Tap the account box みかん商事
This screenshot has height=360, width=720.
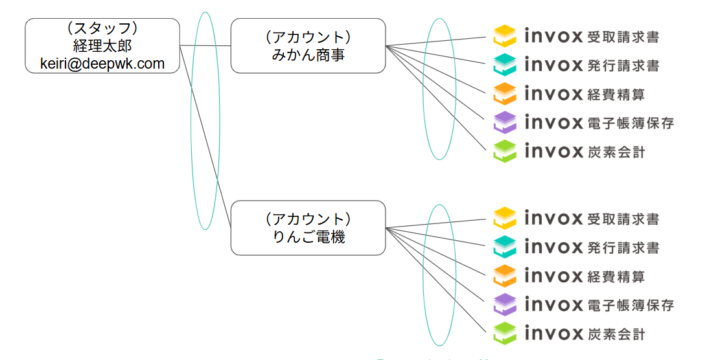pos(308,46)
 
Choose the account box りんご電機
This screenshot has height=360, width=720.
pos(308,228)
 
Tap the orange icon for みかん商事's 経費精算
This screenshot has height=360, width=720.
pos(506,94)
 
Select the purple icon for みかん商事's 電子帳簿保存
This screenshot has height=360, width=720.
pos(506,122)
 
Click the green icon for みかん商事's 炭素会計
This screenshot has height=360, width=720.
pos(506,151)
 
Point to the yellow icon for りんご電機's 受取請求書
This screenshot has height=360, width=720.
pos(506,219)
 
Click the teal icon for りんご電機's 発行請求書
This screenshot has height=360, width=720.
pos(506,247)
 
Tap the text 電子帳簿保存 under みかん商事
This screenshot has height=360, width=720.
pos(632,122)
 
